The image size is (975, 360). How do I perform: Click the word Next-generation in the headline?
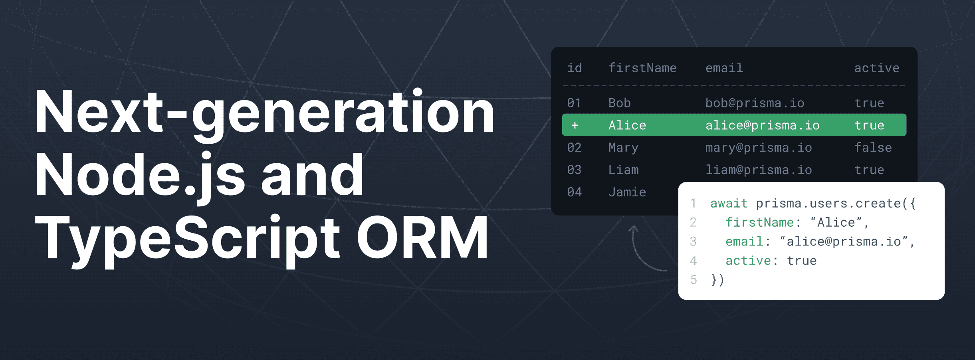264,113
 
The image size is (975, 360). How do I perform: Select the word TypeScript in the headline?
188,239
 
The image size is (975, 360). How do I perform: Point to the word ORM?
422,238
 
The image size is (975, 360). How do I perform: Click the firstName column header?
642,68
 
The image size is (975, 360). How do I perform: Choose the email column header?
724,68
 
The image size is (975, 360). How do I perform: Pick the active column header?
877,68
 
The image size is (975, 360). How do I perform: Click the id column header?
575,68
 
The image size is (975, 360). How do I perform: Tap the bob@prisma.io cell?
755,103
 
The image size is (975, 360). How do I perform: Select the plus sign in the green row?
575,125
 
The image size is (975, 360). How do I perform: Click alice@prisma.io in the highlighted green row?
762,125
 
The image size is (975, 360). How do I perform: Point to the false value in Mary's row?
873,148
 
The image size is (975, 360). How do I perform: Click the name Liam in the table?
623,170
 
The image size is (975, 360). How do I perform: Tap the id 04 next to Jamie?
575,192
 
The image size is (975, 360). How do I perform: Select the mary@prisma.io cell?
758,148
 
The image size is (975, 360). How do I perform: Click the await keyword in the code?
729,204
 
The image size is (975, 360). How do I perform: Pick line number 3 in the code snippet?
693,241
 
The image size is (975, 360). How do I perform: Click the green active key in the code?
748,261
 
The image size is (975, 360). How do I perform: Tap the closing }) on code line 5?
717,280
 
